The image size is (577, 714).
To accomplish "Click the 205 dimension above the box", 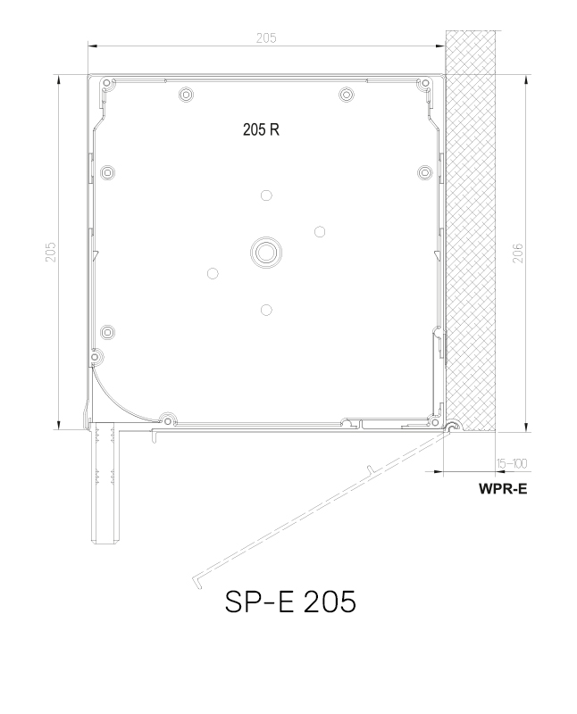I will (265, 37).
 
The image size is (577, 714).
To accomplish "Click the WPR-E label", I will (502, 489).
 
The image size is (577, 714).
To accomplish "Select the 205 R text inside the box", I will (262, 129).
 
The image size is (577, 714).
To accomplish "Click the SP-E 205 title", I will (290, 602).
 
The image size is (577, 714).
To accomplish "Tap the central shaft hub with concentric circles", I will (265, 253).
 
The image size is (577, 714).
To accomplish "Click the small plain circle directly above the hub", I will (265, 195).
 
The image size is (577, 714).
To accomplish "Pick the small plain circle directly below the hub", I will (265, 310).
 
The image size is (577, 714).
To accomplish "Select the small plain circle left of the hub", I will (212, 273).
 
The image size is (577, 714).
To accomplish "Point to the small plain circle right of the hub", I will (320, 232).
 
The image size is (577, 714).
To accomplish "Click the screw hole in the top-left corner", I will (107, 84).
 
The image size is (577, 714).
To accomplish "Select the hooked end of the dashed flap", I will (196, 581).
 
